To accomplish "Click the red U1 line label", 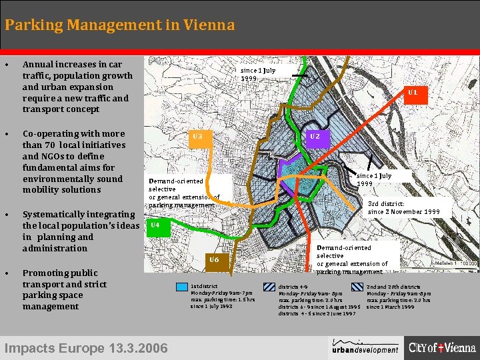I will click(x=413, y=93).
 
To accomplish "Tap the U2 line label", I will click(x=315, y=137).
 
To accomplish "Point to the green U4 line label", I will click(x=155, y=225).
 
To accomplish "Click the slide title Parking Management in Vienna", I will click(x=119, y=25).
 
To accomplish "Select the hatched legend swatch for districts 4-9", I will click(x=270, y=287).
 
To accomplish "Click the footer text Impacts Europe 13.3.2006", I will click(x=86, y=347).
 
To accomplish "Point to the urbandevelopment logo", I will click(x=366, y=346).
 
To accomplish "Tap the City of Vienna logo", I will click(x=442, y=347).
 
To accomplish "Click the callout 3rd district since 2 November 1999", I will click(x=404, y=207).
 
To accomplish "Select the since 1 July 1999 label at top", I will click(x=258, y=73).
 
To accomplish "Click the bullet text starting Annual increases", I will click(x=77, y=87).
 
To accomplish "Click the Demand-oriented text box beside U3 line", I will click(x=184, y=193).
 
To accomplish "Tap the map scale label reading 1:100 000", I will click(x=456, y=264).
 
